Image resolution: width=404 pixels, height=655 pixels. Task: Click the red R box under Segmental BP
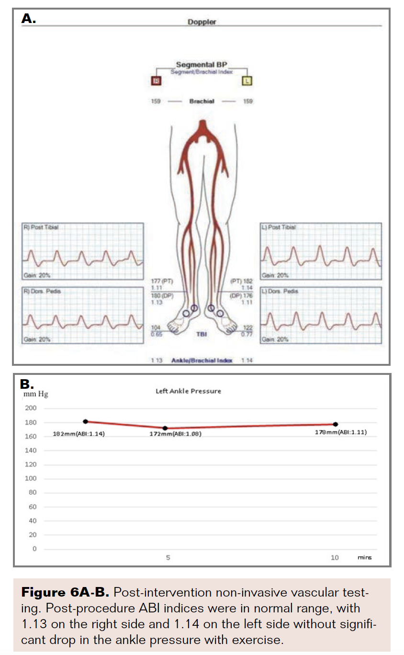(156, 81)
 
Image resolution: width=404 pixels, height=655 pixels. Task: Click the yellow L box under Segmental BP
(247, 81)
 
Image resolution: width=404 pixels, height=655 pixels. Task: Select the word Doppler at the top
(202, 22)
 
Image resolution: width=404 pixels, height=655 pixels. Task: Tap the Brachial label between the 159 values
(202, 102)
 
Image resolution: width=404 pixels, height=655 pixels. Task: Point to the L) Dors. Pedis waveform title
(279, 291)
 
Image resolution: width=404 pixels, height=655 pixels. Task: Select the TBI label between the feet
(202, 334)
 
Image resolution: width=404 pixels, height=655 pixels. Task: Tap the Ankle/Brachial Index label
(202, 361)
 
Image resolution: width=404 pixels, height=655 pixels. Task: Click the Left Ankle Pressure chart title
(188, 391)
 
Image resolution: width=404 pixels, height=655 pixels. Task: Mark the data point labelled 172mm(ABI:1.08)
(165, 428)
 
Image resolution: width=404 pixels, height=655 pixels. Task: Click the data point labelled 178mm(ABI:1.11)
(335, 424)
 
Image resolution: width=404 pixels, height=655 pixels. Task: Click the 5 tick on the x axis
(168, 558)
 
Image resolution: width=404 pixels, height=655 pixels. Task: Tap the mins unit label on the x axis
(364, 558)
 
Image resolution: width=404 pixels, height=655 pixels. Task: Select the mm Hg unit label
(36, 394)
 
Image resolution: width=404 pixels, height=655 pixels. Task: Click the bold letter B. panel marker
(27, 384)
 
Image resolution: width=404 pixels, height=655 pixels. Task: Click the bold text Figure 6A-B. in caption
(65, 593)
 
